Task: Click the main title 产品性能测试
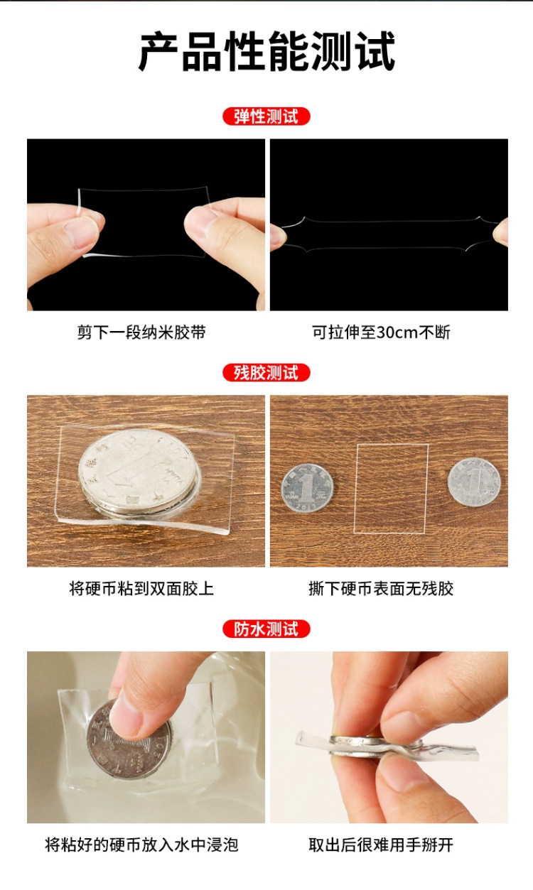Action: tap(266, 51)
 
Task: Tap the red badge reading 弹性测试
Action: tap(266, 116)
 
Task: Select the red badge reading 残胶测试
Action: tap(266, 372)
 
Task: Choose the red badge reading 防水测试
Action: tap(266, 629)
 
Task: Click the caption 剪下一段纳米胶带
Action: tap(141, 332)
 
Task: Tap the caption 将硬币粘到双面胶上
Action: tap(141, 589)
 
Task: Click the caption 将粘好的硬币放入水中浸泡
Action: tap(141, 845)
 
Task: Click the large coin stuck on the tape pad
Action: tap(140, 470)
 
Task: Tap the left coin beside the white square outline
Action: tap(307, 489)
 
